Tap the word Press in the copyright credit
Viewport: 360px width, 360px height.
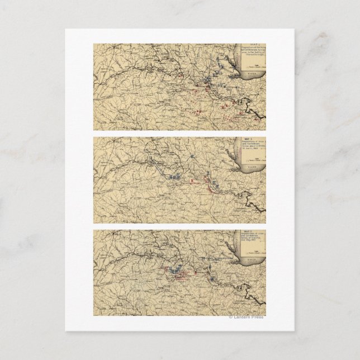(x=258, y=318)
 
